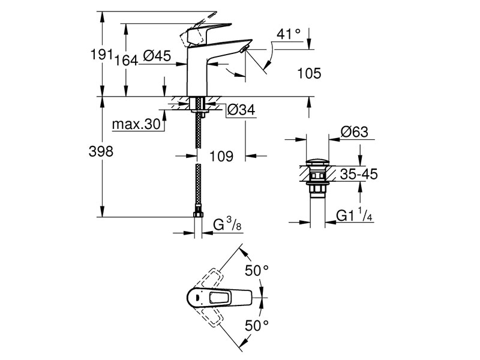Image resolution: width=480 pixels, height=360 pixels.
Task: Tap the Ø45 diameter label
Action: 158,57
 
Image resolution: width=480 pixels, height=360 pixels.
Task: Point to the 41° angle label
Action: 289,34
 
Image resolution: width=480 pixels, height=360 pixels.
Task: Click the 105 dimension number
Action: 309,74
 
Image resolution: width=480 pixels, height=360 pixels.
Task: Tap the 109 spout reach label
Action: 221,157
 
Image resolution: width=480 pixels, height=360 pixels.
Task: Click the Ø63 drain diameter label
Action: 353,133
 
